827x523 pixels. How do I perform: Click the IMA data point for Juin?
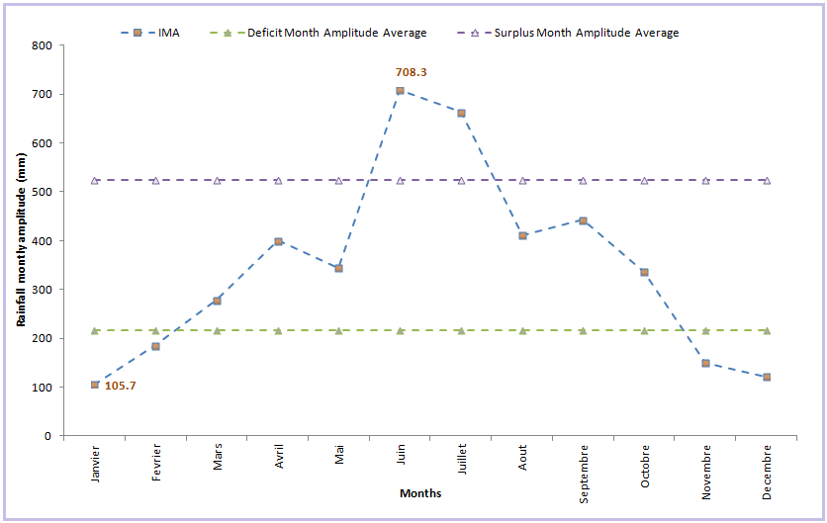(400, 91)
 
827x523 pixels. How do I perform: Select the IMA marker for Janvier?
(95, 385)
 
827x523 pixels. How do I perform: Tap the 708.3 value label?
(411, 72)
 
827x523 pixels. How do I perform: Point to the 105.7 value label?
(121, 386)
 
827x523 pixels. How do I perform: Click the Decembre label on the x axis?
(767, 474)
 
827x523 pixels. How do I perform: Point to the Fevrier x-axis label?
(156, 465)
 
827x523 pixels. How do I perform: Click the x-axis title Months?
(420, 493)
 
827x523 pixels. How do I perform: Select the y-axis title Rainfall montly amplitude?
(21, 242)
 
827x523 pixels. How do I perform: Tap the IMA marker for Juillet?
(461, 113)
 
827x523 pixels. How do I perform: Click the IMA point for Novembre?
(705, 364)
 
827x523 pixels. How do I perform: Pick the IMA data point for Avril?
(278, 241)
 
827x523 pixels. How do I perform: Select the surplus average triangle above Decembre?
(767, 181)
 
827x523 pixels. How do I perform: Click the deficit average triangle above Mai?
(339, 330)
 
